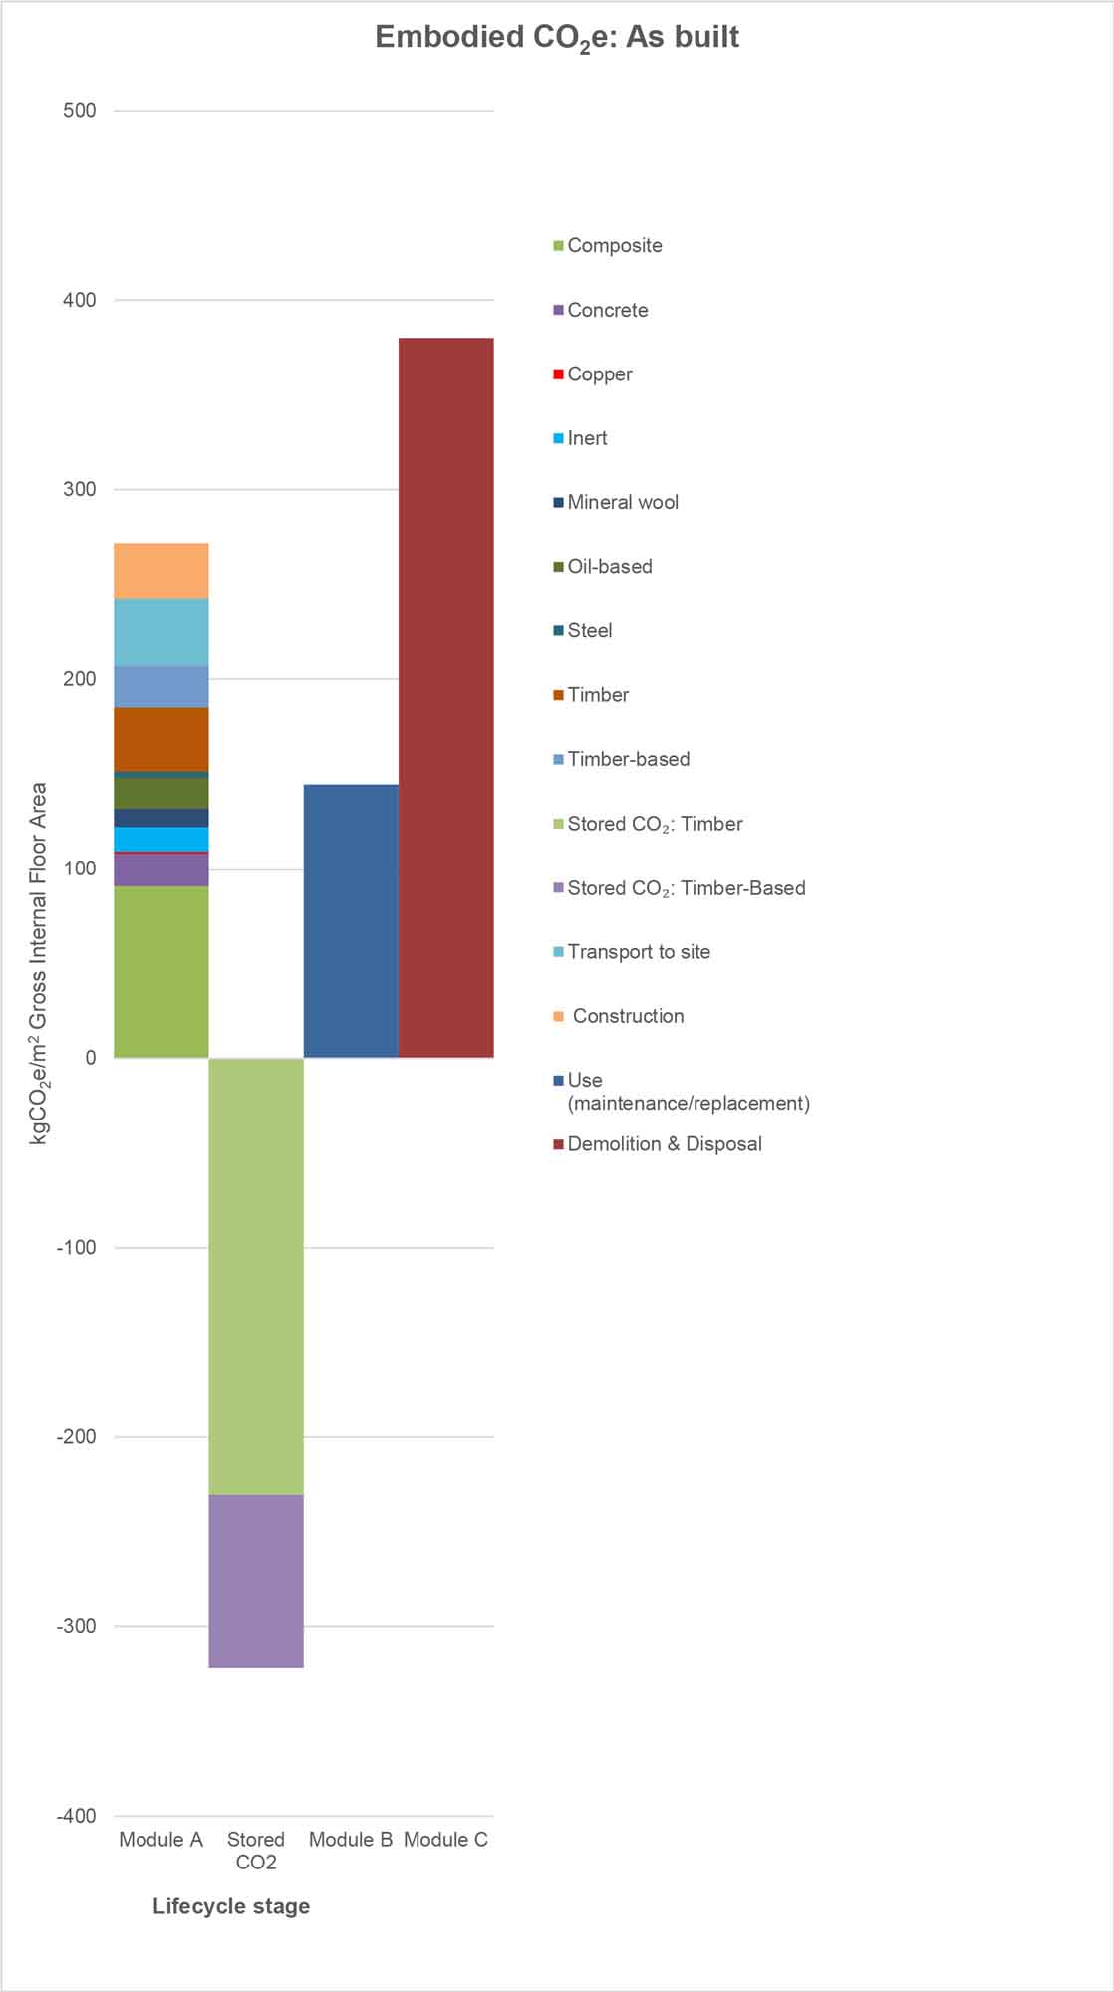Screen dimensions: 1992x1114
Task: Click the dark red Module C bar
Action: pos(445,697)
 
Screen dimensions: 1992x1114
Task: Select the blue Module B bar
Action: pos(351,920)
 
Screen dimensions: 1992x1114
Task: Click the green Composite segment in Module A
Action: pos(161,971)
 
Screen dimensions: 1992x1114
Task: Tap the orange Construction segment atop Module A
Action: pos(161,571)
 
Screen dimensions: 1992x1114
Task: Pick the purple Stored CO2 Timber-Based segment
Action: pos(256,1581)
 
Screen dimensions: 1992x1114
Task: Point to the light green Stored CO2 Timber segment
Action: pos(256,1276)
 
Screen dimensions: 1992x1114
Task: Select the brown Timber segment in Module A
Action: pos(161,739)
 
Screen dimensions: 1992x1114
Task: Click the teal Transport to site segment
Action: pos(161,631)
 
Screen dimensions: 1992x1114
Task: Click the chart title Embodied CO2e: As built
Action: pos(557,38)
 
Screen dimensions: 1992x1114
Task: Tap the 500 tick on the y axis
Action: pos(80,111)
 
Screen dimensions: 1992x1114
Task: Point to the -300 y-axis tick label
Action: pos(76,1626)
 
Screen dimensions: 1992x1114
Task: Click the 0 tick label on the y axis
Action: pos(91,1058)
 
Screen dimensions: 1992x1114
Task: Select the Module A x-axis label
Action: pos(160,1840)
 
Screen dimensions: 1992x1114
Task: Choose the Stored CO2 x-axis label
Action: pos(256,1851)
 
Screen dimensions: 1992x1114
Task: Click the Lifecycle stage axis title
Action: pos(231,1906)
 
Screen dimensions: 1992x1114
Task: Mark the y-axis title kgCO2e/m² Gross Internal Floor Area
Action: pos(38,963)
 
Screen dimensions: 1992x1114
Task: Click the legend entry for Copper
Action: pos(599,374)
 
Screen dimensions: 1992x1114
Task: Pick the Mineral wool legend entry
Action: pos(622,502)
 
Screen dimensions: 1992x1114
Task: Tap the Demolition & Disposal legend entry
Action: pos(664,1144)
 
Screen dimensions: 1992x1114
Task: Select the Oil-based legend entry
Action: pos(609,567)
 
